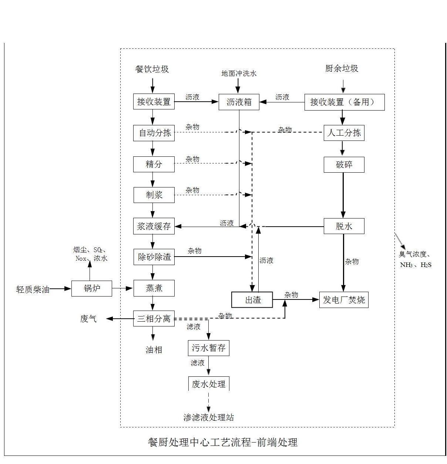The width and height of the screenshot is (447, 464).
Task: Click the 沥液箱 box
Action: [239, 102]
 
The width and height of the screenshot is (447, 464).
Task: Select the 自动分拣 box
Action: [154, 133]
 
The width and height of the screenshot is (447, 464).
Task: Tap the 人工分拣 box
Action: [344, 133]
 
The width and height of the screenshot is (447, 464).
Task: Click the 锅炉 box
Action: [92, 288]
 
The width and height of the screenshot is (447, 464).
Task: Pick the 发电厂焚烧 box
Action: [344, 299]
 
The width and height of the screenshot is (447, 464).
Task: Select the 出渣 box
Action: [252, 300]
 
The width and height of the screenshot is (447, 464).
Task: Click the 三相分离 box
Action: [154, 318]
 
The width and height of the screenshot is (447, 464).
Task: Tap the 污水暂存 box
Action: [208, 348]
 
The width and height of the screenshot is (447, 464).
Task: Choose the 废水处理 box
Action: [208, 384]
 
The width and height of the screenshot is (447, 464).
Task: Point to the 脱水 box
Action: [344, 226]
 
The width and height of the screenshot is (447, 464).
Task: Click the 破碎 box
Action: [344, 165]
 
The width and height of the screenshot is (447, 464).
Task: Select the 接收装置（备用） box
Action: [344, 102]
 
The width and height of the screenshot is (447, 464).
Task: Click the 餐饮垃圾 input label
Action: [152, 69]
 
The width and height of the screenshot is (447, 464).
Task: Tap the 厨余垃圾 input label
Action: [342, 68]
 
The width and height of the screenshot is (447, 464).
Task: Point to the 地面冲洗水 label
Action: [239, 74]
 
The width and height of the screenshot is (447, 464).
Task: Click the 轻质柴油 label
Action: [33, 289]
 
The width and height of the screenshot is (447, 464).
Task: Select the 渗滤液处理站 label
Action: [209, 417]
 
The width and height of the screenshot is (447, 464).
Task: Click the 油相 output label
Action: [154, 350]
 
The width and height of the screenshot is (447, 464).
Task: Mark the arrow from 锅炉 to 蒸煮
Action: [122, 288]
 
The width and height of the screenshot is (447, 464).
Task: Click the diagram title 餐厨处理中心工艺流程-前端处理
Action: [223, 442]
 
